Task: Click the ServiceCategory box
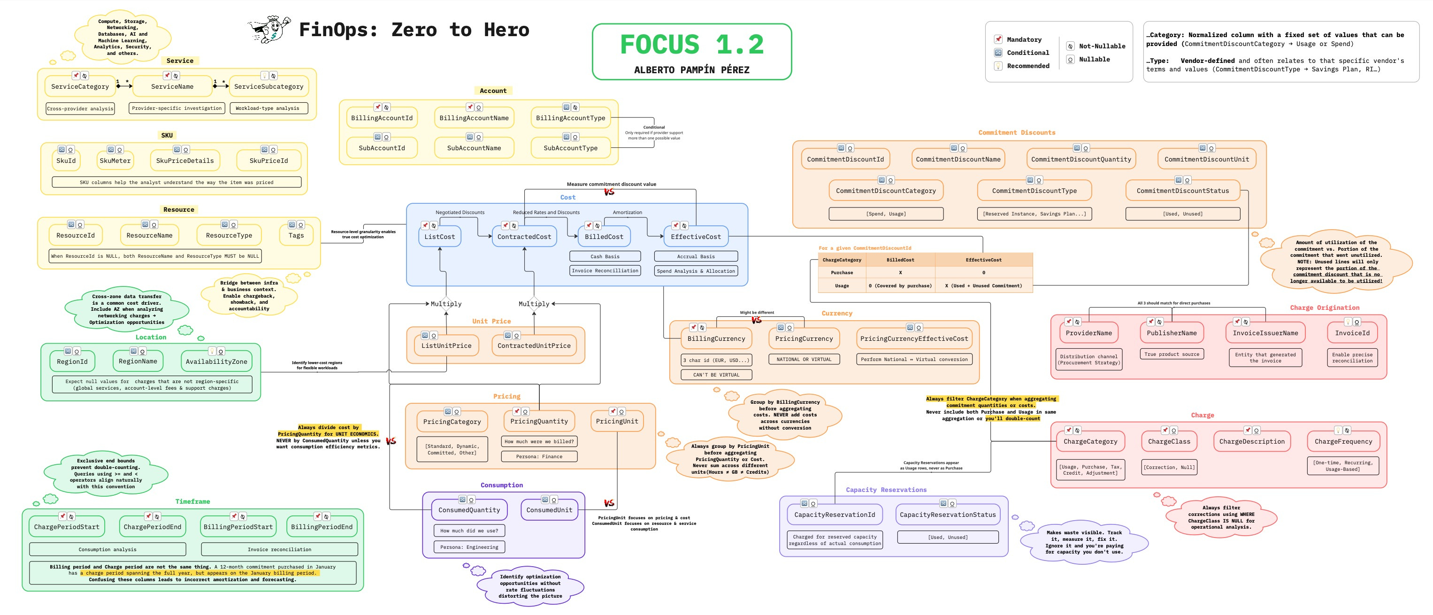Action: (80, 86)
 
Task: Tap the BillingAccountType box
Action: (570, 118)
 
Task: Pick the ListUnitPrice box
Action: (446, 346)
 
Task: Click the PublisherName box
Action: (1172, 333)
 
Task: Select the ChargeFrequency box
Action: (1343, 441)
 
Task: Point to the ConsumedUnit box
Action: (549, 510)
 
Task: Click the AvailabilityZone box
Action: (216, 361)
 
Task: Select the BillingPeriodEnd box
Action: (322, 527)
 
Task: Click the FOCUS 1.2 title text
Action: (691, 45)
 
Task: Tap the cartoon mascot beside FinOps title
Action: (270, 30)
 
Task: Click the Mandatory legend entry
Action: (1024, 39)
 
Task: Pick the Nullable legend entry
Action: (1094, 60)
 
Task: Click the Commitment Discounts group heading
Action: (1016, 132)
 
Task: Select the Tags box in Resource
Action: (296, 235)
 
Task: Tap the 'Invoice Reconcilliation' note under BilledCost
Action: (605, 271)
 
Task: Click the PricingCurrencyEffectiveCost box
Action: (914, 338)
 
